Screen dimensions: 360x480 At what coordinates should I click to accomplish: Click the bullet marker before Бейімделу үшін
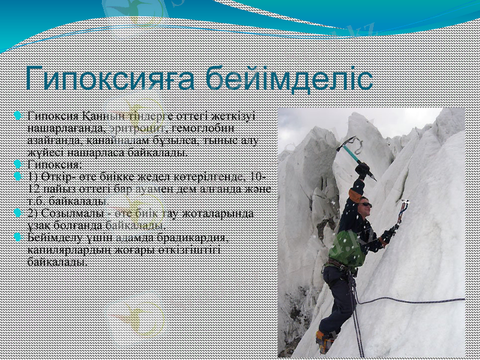tap(20, 237)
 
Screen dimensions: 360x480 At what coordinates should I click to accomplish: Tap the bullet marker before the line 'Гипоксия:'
tap(20, 164)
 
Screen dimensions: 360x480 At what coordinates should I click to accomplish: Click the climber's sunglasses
tap(364, 205)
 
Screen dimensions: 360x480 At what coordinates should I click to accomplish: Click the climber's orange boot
tap(325, 342)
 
